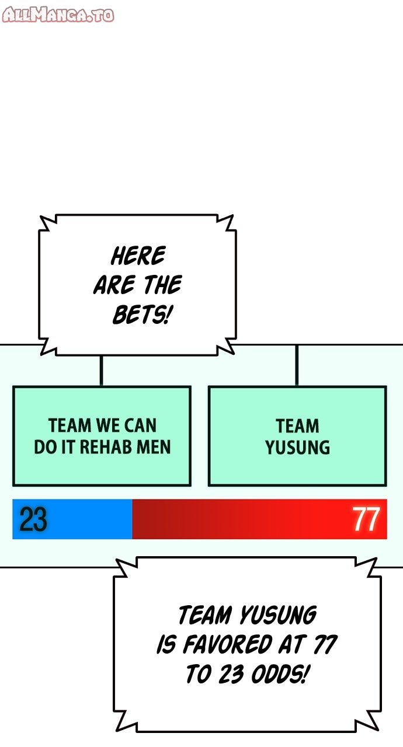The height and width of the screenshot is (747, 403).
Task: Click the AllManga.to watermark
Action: click(58, 15)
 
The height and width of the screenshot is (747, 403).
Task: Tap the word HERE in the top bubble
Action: click(138, 256)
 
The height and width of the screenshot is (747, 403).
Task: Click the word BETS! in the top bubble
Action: click(143, 315)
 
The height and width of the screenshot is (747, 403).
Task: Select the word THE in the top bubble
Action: click(163, 285)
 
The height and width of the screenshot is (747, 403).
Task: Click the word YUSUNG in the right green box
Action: click(298, 447)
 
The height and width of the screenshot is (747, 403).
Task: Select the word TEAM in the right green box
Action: click(297, 426)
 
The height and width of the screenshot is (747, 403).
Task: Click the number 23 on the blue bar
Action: click(33, 519)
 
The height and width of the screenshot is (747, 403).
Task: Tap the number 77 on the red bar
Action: click(366, 519)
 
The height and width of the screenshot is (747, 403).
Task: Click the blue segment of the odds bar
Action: click(72, 519)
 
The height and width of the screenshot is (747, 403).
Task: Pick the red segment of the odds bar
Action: click(259, 519)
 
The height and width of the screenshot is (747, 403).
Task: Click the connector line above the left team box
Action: click(102, 371)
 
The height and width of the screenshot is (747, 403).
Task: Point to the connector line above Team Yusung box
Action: click(297, 365)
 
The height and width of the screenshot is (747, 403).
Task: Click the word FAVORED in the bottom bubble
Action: click(228, 644)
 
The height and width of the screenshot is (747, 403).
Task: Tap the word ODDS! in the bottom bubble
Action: click(279, 673)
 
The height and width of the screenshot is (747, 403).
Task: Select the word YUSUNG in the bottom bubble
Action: click(278, 615)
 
